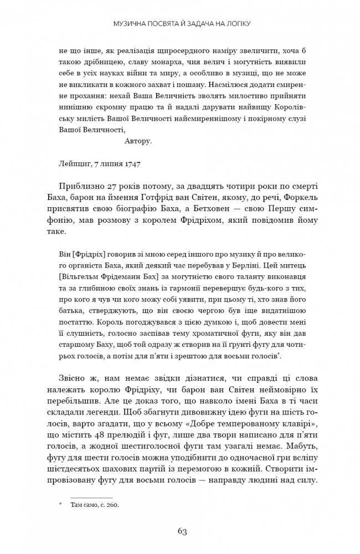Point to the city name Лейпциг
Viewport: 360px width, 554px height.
(73, 165)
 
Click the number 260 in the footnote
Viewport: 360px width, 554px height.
(113, 505)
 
